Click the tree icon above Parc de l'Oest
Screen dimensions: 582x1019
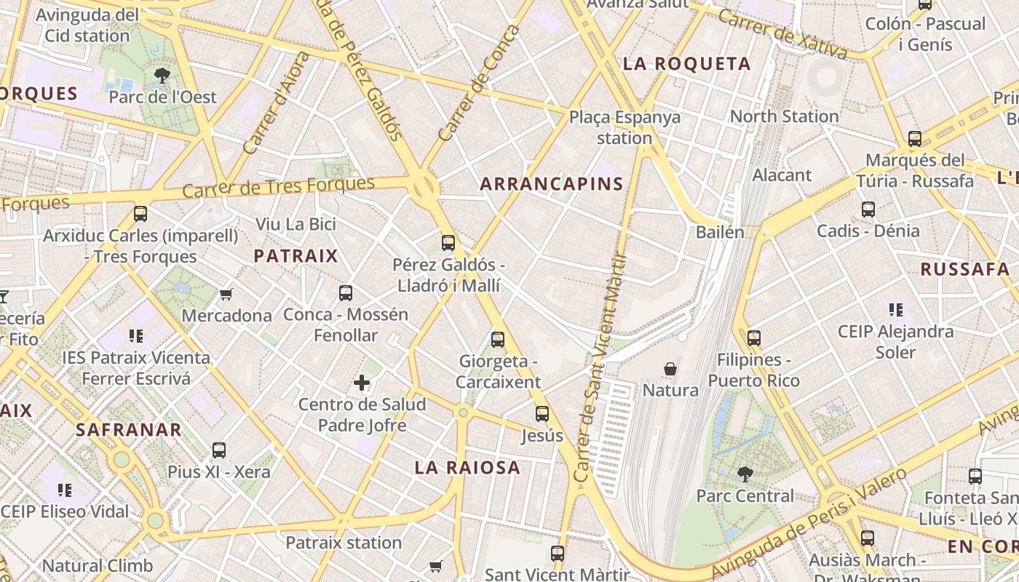click(162, 75)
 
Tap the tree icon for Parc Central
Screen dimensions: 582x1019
click(745, 474)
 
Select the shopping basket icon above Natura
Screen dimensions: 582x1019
click(670, 369)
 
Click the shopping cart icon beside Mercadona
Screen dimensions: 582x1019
click(226, 295)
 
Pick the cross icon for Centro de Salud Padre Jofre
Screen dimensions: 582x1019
click(362, 383)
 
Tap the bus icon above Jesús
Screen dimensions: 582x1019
click(542, 414)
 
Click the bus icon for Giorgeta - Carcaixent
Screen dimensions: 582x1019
click(498, 339)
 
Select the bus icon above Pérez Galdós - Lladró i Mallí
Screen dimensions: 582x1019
click(448, 243)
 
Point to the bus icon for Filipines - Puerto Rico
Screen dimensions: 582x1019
click(754, 338)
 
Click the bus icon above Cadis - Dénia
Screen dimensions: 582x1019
click(868, 210)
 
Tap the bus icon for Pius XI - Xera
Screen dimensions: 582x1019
click(219, 450)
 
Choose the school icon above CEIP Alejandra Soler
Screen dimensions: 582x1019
click(895, 310)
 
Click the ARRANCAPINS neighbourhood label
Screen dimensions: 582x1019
click(552, 184)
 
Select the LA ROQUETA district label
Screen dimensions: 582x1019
click(686, 64)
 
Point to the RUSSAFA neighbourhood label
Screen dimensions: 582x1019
click(964, 269)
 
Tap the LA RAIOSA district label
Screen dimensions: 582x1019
click(467, 468)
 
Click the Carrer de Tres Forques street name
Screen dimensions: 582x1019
click(278, 186)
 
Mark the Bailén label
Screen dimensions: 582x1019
click(720, 232)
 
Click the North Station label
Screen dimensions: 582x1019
click(784, 116)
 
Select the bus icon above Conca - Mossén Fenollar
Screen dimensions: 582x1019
click(346, 293)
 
